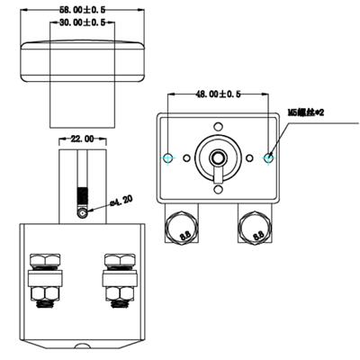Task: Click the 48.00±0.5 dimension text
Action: [x=218, y=94]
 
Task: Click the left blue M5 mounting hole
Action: [x=168, y=157]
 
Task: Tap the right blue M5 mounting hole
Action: [x=268, y=157]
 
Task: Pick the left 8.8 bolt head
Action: [x=184, y=229]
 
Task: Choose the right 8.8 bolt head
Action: [x=254, y=229]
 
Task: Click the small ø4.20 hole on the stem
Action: [x=83, y=213]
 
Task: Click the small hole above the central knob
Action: [x=219, y=126]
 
